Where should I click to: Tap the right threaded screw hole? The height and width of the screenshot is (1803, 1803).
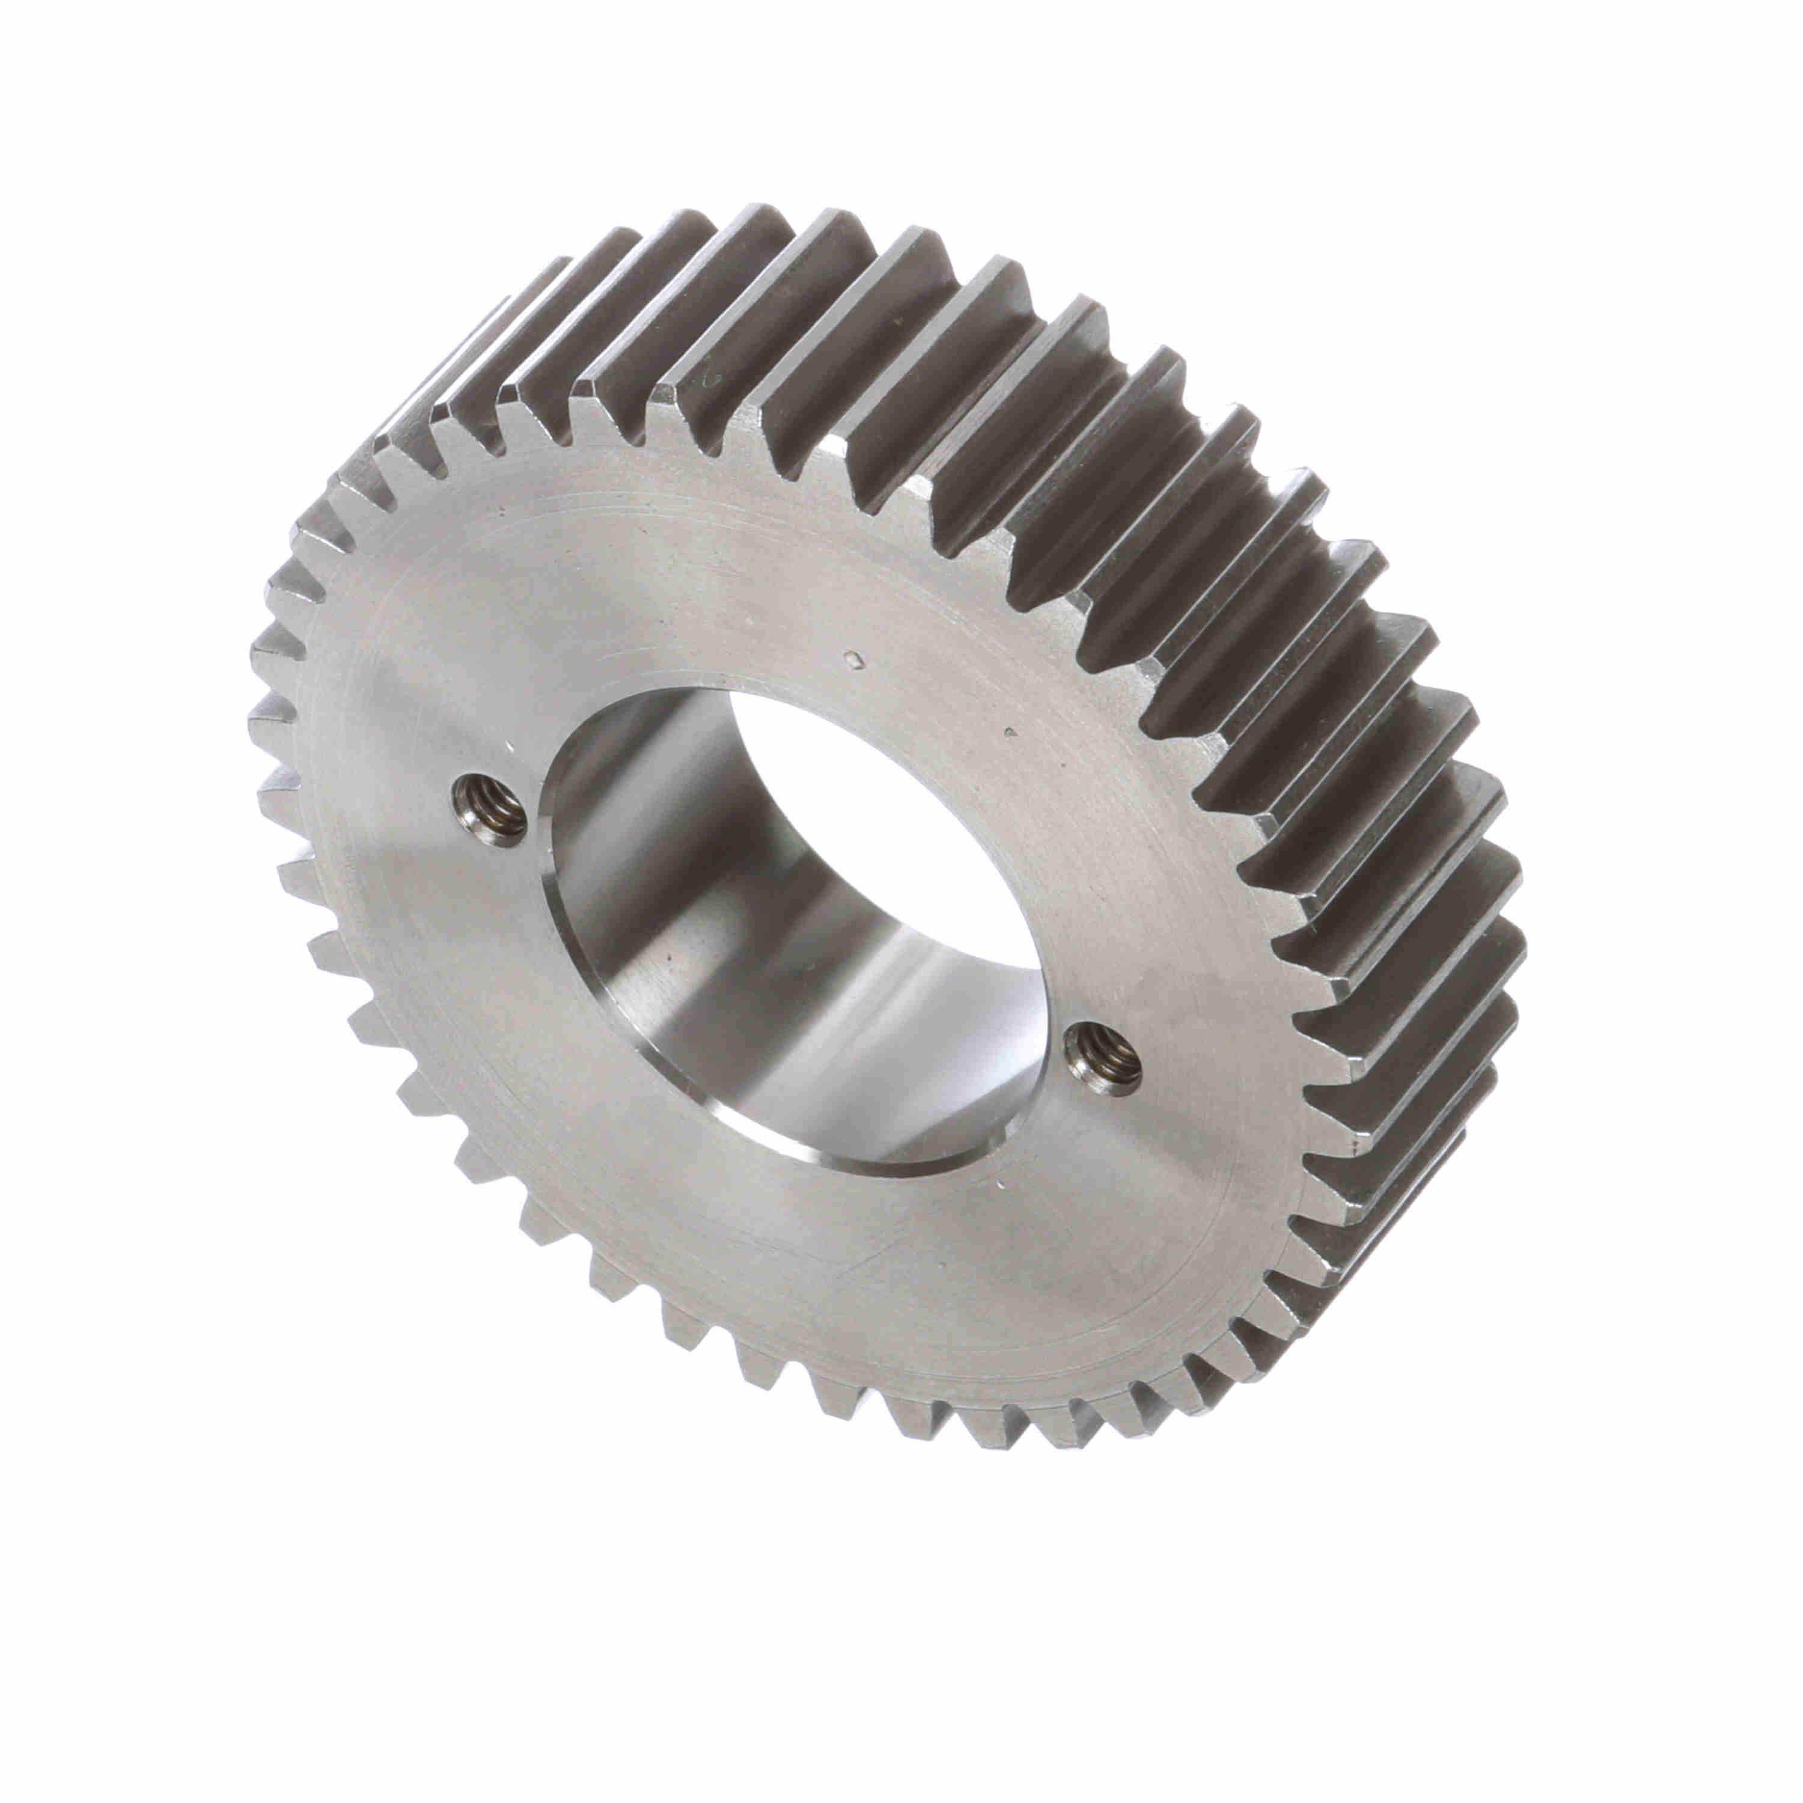(x=1104, y=1057)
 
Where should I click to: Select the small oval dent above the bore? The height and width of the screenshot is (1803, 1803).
(x=851, y=660)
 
